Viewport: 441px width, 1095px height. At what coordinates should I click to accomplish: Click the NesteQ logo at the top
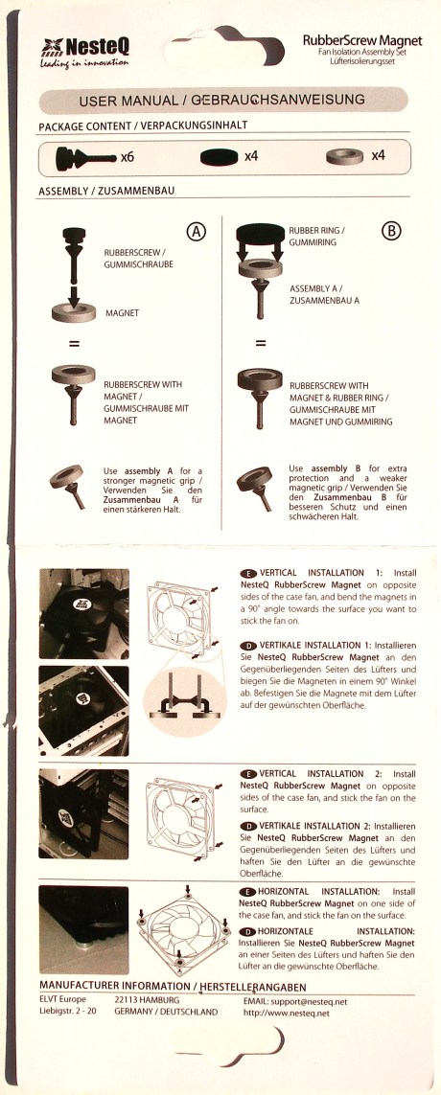point(83,52)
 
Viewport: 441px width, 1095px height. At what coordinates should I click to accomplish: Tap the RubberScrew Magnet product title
point(362,41)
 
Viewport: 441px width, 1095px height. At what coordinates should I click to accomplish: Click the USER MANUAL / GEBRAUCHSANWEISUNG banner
point(221,101)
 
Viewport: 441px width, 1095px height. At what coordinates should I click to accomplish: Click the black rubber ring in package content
point(220,158)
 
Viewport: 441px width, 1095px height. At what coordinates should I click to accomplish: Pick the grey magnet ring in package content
point(344,157)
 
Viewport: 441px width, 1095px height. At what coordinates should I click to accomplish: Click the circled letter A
point(197,232)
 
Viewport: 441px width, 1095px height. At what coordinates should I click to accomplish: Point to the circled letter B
point(391,232)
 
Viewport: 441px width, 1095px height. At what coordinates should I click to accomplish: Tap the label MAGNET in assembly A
point(123,313)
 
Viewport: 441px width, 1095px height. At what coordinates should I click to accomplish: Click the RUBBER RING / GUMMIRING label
point(316,236)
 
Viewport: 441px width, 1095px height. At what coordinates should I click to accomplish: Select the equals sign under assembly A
point(74,344)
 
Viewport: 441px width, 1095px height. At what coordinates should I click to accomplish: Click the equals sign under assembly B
point(261,344)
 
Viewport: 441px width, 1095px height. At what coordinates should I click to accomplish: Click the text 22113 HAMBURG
point(147,1001)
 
